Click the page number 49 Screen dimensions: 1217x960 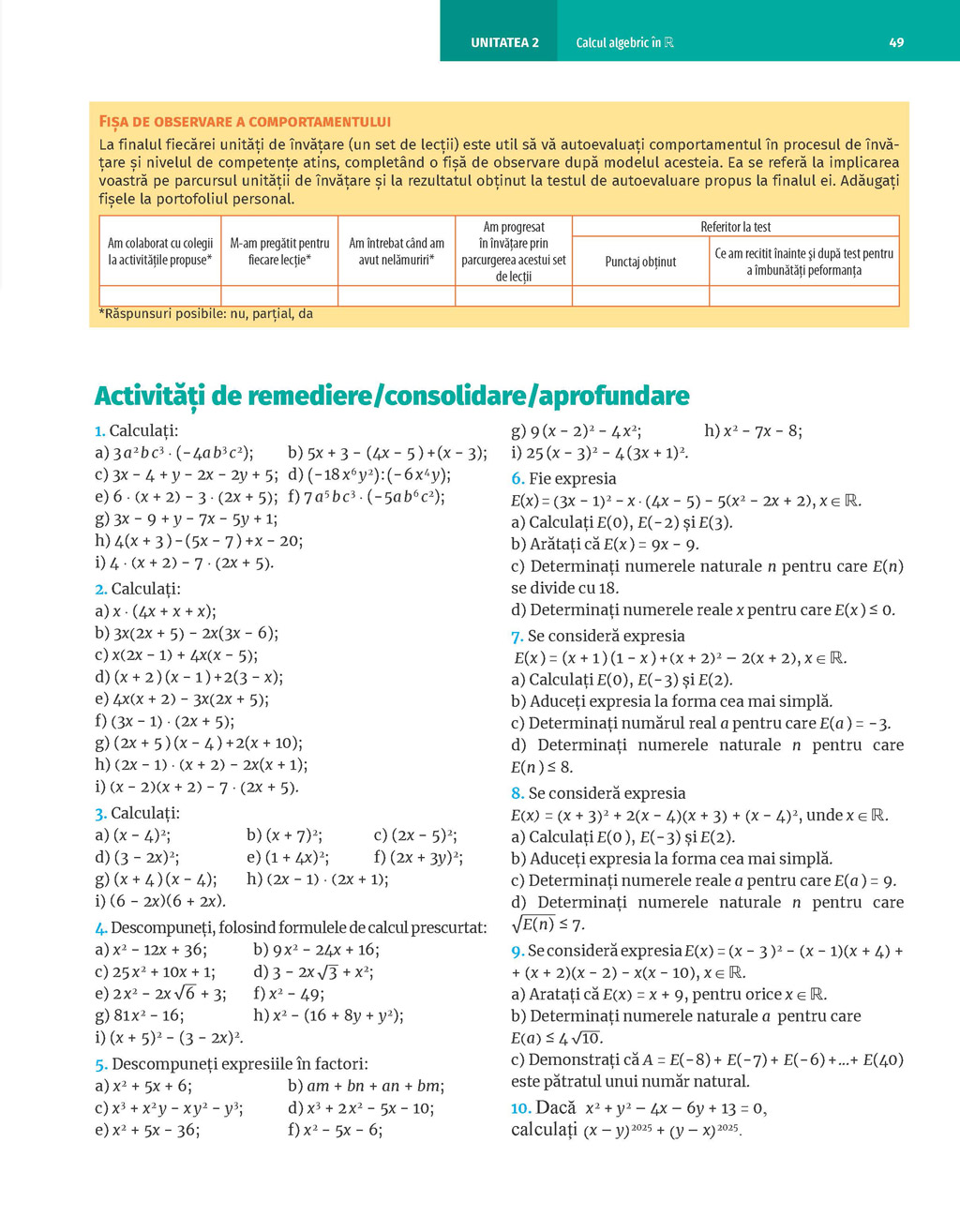[896, 42]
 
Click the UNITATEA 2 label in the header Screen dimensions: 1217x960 [504, 42]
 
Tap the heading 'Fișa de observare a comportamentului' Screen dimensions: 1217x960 [245, 122]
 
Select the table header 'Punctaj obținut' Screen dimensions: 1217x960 [640, 262]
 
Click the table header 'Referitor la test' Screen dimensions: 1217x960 [735, 227]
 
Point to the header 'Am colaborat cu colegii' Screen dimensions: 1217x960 [160, 251]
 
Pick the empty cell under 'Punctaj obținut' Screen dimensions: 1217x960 [640, 296]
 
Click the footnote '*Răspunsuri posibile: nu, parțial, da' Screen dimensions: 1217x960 [206, 314]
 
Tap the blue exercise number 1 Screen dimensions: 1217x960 [99, 431]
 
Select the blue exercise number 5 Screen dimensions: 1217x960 [100, 1064]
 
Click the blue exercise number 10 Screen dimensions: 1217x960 [520, 1108]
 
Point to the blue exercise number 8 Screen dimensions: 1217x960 [517, 793]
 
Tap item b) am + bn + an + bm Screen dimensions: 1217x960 [366, 1086]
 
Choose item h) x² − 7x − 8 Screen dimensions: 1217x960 [753, 431]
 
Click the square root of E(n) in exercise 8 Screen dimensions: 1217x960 [534, 924]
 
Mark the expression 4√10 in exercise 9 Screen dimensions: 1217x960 [580, 1038]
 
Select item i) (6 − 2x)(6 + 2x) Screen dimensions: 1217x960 [160, 901]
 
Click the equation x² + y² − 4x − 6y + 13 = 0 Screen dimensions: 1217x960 [676, 1108]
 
